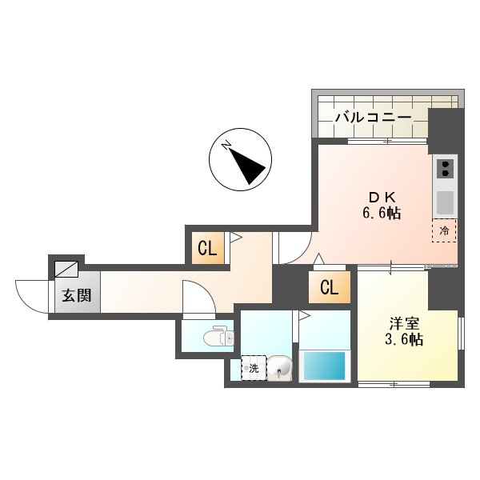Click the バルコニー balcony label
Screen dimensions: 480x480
click(372, 118)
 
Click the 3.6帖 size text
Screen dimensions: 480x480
click(403, 339)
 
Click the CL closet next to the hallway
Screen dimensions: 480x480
click(207, 249)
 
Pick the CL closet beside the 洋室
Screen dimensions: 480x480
click(329, 287)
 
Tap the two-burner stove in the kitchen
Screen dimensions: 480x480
click(445, 170)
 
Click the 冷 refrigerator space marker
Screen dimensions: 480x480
click(444, 230)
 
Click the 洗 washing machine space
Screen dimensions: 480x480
click(254, 368)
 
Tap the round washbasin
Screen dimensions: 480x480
click(280, 368)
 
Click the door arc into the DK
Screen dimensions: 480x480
click(292, 246)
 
